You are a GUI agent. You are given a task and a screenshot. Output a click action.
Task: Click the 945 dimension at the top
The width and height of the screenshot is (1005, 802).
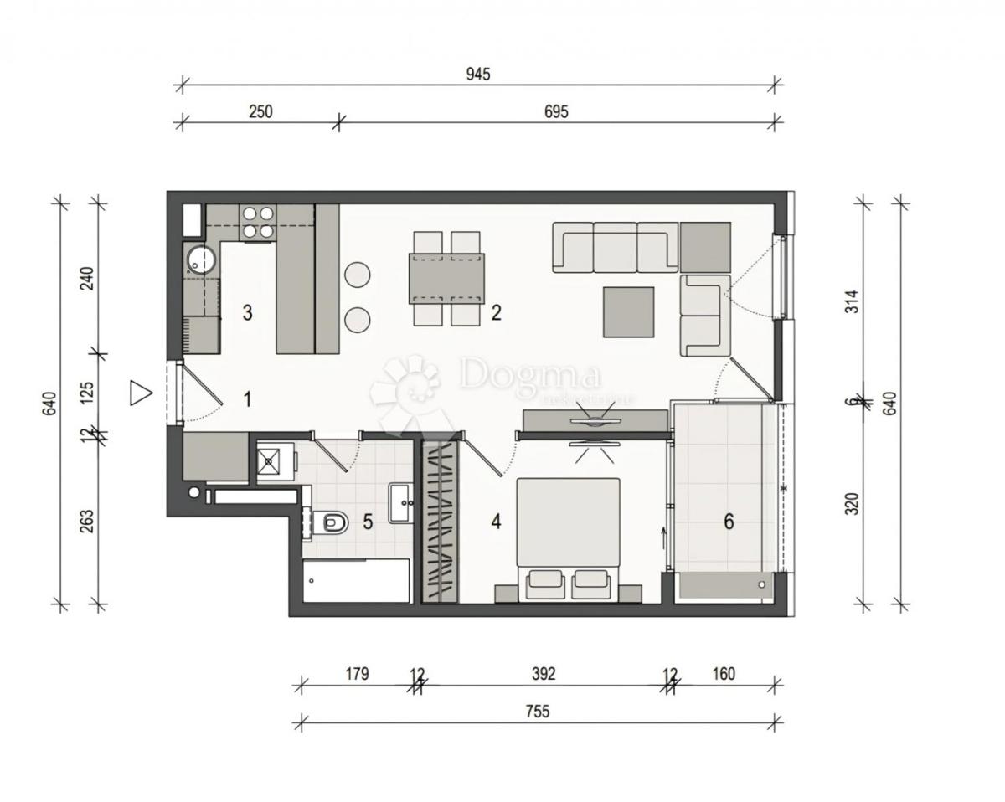click(x=478, y=74)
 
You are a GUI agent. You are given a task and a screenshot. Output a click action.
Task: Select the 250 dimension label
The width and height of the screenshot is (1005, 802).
click(x=260, y=111)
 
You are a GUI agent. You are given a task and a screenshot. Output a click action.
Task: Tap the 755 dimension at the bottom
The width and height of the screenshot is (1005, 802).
click(x=537, y=712)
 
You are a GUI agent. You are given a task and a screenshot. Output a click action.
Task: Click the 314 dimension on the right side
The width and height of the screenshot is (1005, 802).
click(x=853, y=301)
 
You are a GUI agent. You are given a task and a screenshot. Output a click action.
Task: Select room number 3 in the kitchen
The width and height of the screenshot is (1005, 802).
click(x=247, y=313)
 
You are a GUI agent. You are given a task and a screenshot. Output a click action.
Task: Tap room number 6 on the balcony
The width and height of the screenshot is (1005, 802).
click(x=729, y=522)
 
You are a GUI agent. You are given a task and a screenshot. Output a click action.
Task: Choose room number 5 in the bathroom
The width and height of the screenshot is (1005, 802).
click(x=368, y=522)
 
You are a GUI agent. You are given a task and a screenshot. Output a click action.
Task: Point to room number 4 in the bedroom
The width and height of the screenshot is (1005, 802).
click(x=496, y=522)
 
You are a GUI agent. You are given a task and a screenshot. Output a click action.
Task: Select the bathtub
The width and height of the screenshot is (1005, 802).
click(x=356, y=581)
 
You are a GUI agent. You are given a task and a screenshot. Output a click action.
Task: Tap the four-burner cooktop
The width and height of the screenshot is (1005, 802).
click(x=258, y=223)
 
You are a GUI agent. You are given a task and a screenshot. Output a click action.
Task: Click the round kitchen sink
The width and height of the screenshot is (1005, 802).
click(x=201, y=260)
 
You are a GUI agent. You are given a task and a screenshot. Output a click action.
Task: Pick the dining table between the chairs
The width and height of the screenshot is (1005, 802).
click(x=446, y=278)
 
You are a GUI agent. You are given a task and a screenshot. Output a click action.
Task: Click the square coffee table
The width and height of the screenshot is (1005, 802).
click(x=629, y=311)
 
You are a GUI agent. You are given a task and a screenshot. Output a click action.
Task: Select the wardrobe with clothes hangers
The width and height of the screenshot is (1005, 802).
click(x=440, y=521)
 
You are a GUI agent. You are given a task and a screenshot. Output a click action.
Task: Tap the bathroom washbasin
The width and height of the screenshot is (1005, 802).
click(x=400, y=503)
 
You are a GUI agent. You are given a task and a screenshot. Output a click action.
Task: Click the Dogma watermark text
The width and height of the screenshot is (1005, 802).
click(x=529, y=375)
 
